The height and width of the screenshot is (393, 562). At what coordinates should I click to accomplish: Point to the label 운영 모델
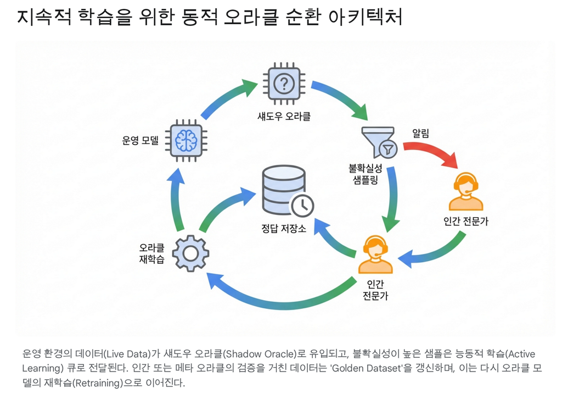[x=140, y=140]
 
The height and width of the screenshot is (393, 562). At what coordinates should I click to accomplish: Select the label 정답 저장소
[x=283, y=229]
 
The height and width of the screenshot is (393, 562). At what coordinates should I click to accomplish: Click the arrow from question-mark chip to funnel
[x=341, y=99]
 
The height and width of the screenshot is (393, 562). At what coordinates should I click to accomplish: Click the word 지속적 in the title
[x=42, y=17]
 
